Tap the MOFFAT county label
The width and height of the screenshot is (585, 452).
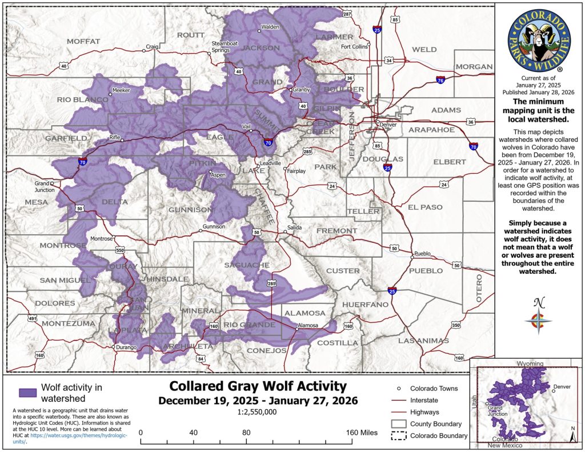[x=83, y=41]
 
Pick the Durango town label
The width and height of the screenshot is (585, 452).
[x=126, y=347]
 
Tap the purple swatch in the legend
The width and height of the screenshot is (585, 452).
[x=27, y=393]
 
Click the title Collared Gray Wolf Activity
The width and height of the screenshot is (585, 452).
[x=258, y=386]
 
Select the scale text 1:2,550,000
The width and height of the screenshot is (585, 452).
[x=258, y=412]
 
